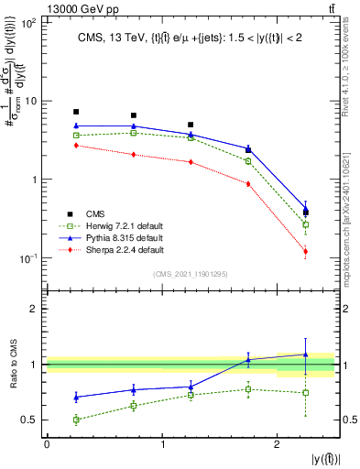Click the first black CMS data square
coord(76,112)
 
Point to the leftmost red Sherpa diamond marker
coord(76,146)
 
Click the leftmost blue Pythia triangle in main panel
coord(76,125)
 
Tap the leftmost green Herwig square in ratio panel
coord(76,420)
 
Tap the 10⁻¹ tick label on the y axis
coord(29,258)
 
